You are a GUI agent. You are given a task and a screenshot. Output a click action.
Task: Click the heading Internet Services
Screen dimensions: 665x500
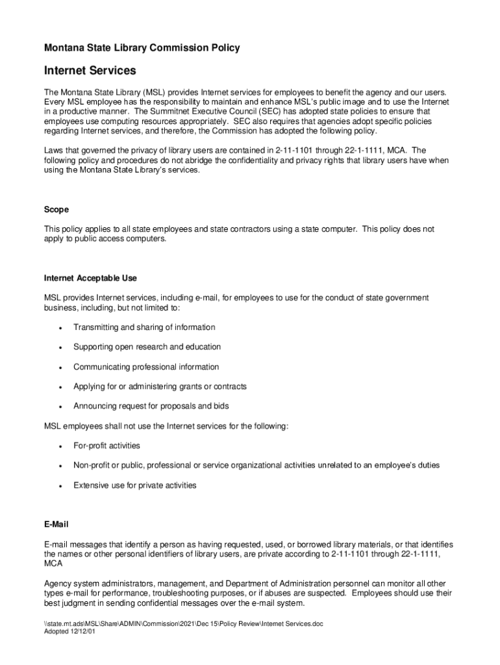pyautogui.click(x=90, y=69)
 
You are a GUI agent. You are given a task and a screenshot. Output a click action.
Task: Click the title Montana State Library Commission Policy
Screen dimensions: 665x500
pyautogui.click(x=142, y=47)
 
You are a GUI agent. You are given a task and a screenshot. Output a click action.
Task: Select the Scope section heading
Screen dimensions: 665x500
pyautogui.click(x=56, y=210)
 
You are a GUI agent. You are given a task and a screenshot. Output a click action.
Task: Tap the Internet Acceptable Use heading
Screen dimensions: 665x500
pyautogui.click(x=90, y=278)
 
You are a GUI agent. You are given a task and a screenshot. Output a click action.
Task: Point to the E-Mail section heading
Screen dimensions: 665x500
pyautogui.click(x=56, y=523)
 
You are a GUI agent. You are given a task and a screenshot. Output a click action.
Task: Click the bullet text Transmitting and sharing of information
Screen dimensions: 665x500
pyautogui.click(x=144, y=327)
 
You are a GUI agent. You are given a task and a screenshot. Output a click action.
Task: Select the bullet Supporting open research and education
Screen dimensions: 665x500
pyautogui.click(x=147, y=347)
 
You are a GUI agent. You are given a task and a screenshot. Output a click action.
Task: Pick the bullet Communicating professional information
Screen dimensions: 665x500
pyautogui.click(x=146, y=367)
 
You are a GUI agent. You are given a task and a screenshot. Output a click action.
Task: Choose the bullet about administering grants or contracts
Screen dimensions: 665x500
pyautogui.click(x=160, y=386)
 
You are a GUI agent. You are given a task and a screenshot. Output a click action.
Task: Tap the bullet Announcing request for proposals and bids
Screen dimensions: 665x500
pyautogui.click(x=151, y=406)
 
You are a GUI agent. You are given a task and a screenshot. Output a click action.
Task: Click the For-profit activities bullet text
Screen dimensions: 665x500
pyautogui.click(x=106, y=445)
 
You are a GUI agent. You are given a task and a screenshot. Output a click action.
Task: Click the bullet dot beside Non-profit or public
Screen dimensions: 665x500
pyautogui.click(x=60, y=466)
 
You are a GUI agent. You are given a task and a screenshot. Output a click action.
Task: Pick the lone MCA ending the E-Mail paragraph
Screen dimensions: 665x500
pyautogui.click(x=53, y=564)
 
